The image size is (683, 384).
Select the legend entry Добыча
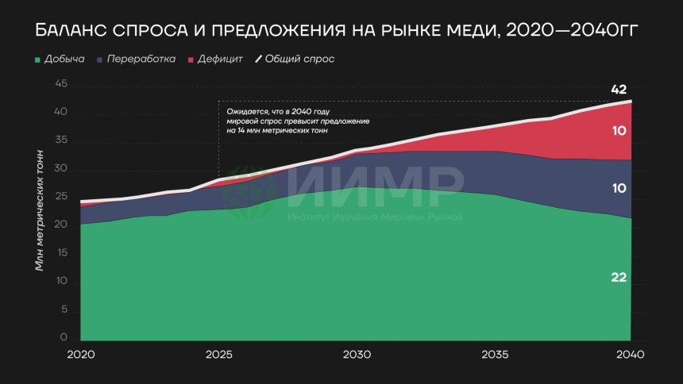click(65, 60)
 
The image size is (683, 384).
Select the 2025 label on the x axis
click(218, 355)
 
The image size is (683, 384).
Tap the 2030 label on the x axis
click(357, 355)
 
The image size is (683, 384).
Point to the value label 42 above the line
click(619, 90)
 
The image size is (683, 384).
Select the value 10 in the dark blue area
click(619, 189)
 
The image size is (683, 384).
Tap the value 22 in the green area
click(619, 278)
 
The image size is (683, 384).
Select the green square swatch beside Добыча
click(37, 60)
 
